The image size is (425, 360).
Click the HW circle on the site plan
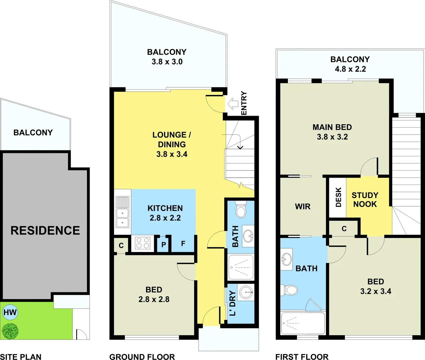click(10, 312)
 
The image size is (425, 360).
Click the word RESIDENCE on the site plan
click(45, 230)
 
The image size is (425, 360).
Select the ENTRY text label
click(244, 103)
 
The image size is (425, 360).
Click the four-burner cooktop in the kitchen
click(142, 243)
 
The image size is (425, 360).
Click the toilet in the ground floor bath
click(241, 209)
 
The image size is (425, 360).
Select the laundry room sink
click(246, 292)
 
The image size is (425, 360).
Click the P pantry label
click(163, 245)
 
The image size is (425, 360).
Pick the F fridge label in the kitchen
click(183, 244)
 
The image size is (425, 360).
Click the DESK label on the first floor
click(338, 197)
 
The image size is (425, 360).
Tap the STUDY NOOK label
click(365, 200)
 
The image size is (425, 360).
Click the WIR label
click(303, 207)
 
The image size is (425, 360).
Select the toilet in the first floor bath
click(289, 290)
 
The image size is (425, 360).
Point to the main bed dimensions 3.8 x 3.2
click(332, 137)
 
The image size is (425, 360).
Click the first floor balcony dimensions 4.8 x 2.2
click(350, 69)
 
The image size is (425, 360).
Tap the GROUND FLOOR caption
click(142, 357)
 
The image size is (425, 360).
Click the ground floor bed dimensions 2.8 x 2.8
click(154, 299)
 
